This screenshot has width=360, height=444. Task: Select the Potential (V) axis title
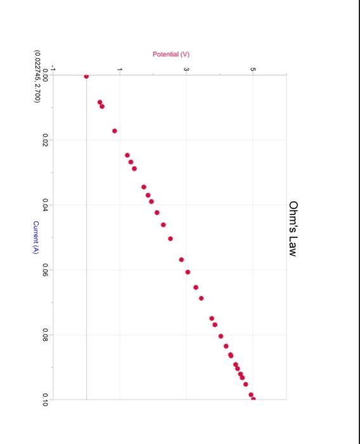(x=171, y=55)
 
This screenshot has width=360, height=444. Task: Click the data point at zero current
(x=86, y=76)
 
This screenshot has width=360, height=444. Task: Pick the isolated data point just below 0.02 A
(x=115, y=131)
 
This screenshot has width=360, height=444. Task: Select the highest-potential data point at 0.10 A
(x=254, y=399)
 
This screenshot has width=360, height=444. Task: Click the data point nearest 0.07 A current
(x=201, y=297)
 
